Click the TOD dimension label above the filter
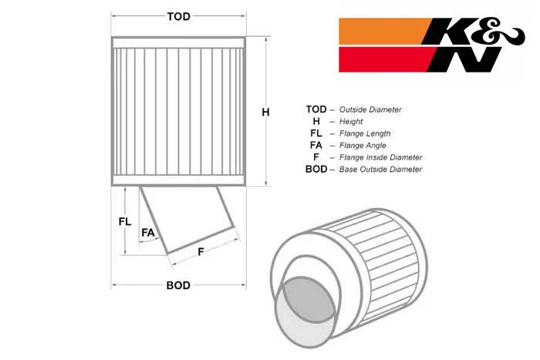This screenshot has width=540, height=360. (178, 16)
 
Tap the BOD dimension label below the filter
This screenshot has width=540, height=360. (178, 285)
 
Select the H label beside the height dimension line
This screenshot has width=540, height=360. (265, 113)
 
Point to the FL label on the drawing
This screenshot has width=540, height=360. (125, 222)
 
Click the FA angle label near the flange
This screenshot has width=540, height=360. (148, 233)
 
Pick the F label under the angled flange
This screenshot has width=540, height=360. (201, 252)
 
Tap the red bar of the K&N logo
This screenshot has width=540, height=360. (385, 59)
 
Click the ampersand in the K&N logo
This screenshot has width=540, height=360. (504, 34)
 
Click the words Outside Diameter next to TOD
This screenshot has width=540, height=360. (370, 109)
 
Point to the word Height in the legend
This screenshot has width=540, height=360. (351, 122)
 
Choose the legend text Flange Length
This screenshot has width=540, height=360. (365, 133)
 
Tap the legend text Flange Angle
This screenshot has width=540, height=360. (363, 146)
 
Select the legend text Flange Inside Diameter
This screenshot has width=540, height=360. (380, 157)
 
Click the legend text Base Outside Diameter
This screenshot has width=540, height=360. (380, 170)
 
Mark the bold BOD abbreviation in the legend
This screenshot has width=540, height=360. (316, 170)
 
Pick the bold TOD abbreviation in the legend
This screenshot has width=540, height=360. (316, 109)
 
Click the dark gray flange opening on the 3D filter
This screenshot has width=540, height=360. (308, 299)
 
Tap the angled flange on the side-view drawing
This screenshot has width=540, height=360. (187, 219)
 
